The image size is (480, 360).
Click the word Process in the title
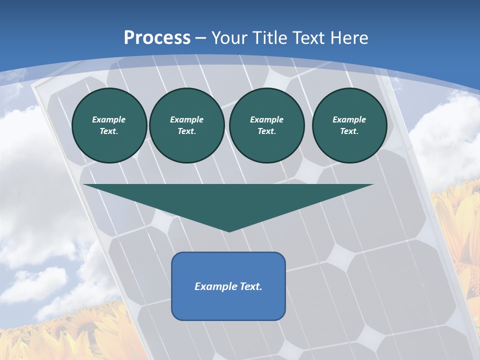tap(157, 38)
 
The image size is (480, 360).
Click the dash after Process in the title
tap(200, 38)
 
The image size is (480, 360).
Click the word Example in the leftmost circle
tap(109, 119)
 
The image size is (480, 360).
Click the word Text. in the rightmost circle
tap(349, 131)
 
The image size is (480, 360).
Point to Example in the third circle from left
tap(266, 119)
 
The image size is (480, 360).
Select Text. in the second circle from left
tap(186, 131)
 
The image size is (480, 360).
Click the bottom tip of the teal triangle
tap(229, 231)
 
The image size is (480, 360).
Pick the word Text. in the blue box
tap(251, 286)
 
